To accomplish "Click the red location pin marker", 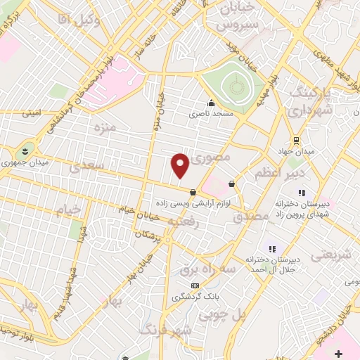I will [x=181, y=165].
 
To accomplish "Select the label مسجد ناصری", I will [x=210, y=113].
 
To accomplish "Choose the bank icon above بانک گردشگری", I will [x=195, y=286].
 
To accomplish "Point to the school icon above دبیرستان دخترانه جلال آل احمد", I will [x=272, y=248].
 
